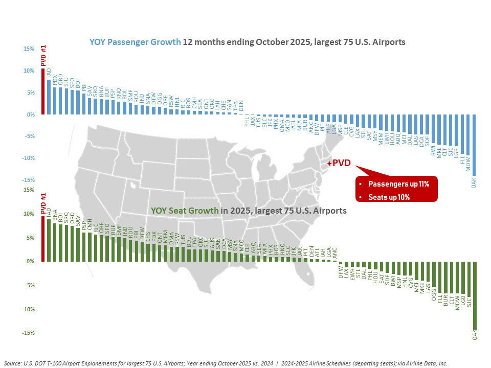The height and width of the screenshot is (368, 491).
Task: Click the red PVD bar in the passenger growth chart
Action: coord(43,91)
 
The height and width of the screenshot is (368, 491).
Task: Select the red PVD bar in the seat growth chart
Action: coord(43,239)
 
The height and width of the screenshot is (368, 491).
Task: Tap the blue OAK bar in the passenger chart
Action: coord(474,145)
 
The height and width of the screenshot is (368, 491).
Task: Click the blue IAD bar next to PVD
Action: coord(49,97)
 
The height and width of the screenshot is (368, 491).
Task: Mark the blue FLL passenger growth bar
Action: coord(462,134)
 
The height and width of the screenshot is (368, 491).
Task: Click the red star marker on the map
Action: coord(329,163)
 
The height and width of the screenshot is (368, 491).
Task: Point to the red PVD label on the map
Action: coord(342,163)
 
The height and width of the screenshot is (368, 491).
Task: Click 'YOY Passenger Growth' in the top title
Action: coord(135,42)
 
